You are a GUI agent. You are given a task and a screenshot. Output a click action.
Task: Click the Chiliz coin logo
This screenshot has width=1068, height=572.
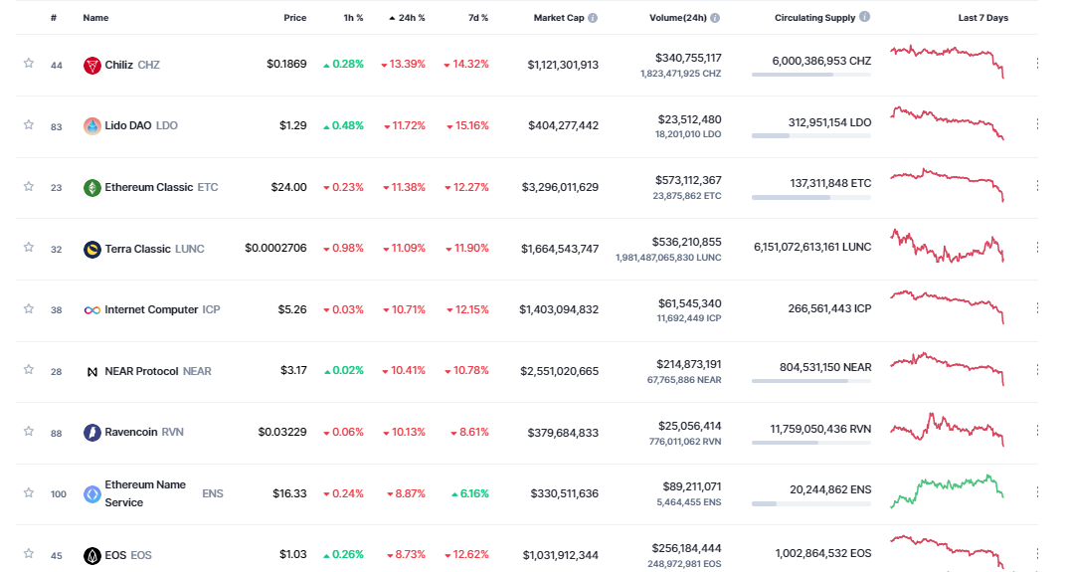click(x=92, y=65)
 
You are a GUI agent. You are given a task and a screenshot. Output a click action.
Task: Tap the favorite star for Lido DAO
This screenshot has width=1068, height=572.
click(x=29, y=125)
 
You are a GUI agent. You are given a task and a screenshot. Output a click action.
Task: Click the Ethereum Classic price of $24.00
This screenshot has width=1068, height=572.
click(x=288, y=187)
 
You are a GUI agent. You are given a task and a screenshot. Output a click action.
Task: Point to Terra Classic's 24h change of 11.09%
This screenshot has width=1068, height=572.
click(x=403, y=248)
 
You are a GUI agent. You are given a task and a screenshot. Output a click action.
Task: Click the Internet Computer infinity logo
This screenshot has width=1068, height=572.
click(x=92, y=309)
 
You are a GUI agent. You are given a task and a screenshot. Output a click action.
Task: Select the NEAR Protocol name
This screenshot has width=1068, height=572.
click(x=141, y=371)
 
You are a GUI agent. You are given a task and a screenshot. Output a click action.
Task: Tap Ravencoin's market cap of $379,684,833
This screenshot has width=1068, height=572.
click(x=560, y=432)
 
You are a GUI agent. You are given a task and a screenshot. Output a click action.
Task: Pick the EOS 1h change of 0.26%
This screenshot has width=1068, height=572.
click(x=343, y=554)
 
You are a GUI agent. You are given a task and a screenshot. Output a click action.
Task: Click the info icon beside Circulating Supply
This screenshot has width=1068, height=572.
click(x=864, y=17)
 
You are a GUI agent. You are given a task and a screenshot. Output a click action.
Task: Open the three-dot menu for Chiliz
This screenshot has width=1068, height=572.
click(x=1037, y=64)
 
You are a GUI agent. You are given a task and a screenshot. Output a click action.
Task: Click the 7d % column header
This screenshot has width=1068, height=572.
click(x=477, y=18)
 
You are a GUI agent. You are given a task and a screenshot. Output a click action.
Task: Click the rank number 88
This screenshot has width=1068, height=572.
click(x=57, y=433)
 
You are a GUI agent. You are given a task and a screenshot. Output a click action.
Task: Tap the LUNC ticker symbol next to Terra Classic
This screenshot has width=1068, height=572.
click(x=189, y=249)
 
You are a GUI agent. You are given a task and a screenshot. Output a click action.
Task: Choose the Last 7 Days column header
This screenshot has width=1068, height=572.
click(x=982, y=18)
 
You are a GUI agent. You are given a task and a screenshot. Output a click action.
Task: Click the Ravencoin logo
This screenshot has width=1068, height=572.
click(x=92, y=432)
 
